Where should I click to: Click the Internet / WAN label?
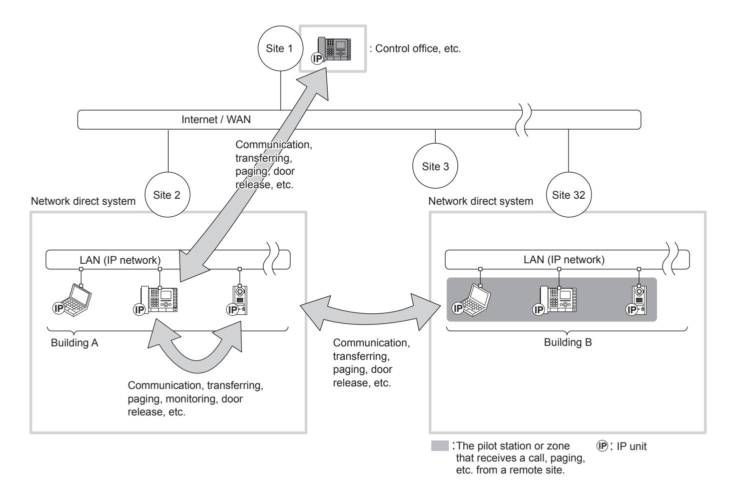tap(216, 119)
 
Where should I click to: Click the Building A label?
tap(75, 343)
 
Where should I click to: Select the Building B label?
tap(568, 342)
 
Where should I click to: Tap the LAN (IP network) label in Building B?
tap(564, 260)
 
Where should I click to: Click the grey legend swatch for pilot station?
tap(440, 445)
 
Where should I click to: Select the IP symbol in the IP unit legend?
tap(602, 445)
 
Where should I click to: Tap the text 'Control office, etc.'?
tap(418, 49)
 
